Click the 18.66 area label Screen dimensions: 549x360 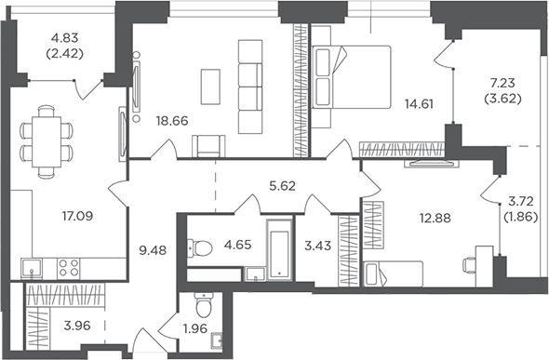pos(172,121)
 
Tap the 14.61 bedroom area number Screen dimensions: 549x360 pos(419,104)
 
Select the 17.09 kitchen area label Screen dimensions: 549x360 pos(78,216)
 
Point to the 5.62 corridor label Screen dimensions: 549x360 pos(283,186)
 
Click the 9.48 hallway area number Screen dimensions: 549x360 pos(153,250)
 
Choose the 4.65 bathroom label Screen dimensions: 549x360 pos(237,245)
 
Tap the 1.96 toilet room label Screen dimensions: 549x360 pos(195,328)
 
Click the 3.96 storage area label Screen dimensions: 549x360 pos(77,326)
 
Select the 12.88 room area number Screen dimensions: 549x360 pos(435,218)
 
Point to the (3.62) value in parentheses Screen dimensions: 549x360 pos(502,99)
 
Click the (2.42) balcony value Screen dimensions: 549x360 pos(64,54)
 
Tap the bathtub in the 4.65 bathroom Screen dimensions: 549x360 pos(279,250)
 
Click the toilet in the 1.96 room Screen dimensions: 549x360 pos(202,305)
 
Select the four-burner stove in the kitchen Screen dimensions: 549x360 pos(68,268)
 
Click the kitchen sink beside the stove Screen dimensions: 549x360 pos(32,268)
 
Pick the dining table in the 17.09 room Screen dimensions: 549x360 pos(47,142)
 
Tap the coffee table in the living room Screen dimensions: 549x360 pos(210,87)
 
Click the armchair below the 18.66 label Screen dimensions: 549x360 pos(208,145)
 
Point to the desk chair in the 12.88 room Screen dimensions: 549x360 pos(469,265)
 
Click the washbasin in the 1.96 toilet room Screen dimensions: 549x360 pos(217,340)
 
